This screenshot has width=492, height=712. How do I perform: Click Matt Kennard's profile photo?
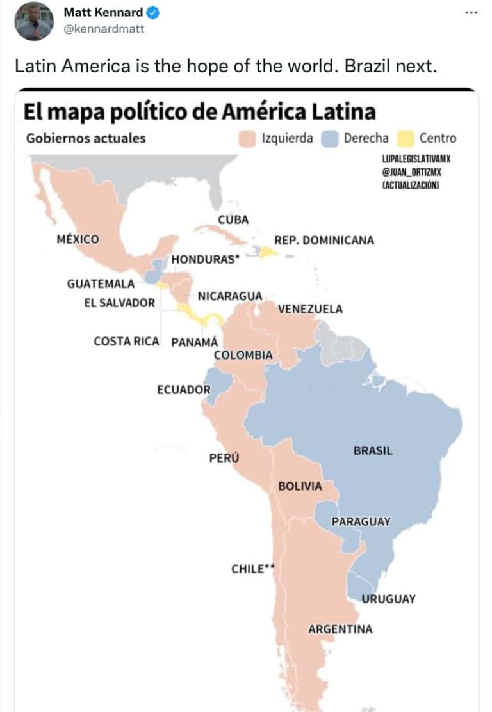click(x=34, y=21)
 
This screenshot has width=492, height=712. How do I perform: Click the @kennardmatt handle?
click(x=104, y=28)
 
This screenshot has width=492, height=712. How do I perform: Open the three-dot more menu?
click(x=471, y=13)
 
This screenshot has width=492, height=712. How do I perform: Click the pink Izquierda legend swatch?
click(x=247, y=138)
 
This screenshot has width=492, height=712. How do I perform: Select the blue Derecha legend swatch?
click(x=330, y=138)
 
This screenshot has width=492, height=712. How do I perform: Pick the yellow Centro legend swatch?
click(x=405, y=138)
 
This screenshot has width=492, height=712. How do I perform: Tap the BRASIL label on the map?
click(x=373, y=450)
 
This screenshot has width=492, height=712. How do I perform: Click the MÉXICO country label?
click(x=78, y=239)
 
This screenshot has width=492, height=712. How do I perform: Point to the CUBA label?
click(x=233, y=219)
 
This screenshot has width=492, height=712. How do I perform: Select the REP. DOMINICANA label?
click(x=324, y=240)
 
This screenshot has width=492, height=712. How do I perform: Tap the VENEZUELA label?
click(x=310, y=309)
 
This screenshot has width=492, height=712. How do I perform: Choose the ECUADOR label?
click(x=184, y=390)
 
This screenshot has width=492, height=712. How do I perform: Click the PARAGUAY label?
click(x=361, y=521)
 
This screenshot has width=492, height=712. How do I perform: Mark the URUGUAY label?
click(x=388, y=599)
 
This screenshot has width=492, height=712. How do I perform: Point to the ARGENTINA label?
click(x=340, y=629)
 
